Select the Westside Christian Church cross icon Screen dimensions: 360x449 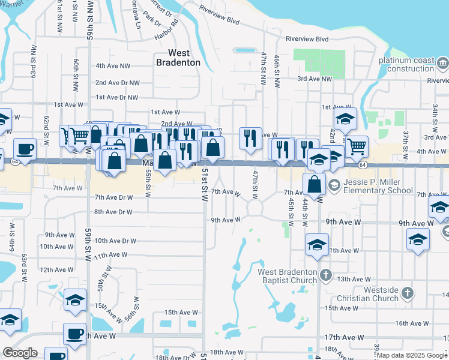pos(408,293)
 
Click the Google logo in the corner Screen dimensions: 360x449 pos(20,353)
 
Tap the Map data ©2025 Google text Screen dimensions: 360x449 pos(412,355)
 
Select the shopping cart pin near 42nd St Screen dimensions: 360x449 pos(357,145)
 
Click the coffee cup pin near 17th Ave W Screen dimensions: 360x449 pos(75,334)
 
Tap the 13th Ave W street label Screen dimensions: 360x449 pos(351,280)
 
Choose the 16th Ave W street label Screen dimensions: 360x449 pos(411,323)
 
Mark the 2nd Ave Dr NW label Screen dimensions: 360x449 pos(117,83)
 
